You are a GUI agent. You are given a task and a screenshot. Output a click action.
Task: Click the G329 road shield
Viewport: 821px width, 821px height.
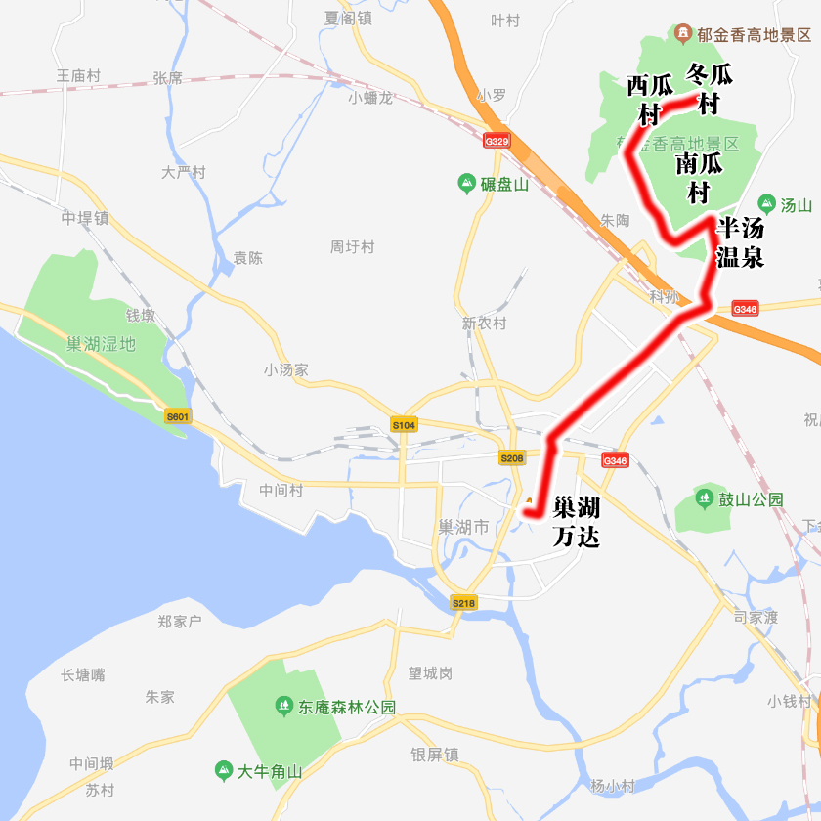[x=497, y=141]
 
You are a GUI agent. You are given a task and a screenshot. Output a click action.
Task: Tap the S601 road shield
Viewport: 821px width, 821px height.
[x=177, y=416]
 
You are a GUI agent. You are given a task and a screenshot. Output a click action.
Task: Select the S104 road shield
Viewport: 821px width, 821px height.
[x=404, y=425]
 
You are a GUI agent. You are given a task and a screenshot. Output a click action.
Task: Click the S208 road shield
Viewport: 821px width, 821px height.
[x=511, y=457]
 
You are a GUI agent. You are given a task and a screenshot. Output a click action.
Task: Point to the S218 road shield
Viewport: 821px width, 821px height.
[x=463, y=603]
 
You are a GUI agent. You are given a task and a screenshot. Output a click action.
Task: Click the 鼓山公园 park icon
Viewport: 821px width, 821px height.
[x=705, y=498]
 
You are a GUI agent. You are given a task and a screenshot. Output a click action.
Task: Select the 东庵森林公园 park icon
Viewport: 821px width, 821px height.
[x=283, y=705]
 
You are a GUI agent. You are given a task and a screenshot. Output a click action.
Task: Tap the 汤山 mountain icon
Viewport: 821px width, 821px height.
[x=766, y=204]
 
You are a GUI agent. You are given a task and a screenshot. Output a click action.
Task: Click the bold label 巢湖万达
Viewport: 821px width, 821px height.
[x=576, y=522]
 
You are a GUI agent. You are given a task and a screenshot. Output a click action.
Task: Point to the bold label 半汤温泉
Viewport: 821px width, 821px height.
[x=740, y=242]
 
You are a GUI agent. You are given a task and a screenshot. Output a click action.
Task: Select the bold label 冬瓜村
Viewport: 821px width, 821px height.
[x=709, y=88]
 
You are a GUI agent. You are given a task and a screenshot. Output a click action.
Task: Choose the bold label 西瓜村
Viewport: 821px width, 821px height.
[x=649, y=100]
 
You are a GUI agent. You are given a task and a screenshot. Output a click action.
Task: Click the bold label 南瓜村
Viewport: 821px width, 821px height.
[x=698, y=177]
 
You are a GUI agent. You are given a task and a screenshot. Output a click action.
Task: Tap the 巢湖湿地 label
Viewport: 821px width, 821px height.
[x=102, y=344]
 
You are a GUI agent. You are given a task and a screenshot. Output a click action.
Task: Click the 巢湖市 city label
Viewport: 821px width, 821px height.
[x=463, y=527]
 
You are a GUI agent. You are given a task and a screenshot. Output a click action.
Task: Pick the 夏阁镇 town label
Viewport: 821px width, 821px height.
[x=349, y=18]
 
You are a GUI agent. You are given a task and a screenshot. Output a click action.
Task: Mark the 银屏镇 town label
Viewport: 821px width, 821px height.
[x=435, y=755]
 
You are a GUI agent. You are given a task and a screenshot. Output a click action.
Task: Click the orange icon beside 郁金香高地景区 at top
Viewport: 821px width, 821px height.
[x=682, y=34]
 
